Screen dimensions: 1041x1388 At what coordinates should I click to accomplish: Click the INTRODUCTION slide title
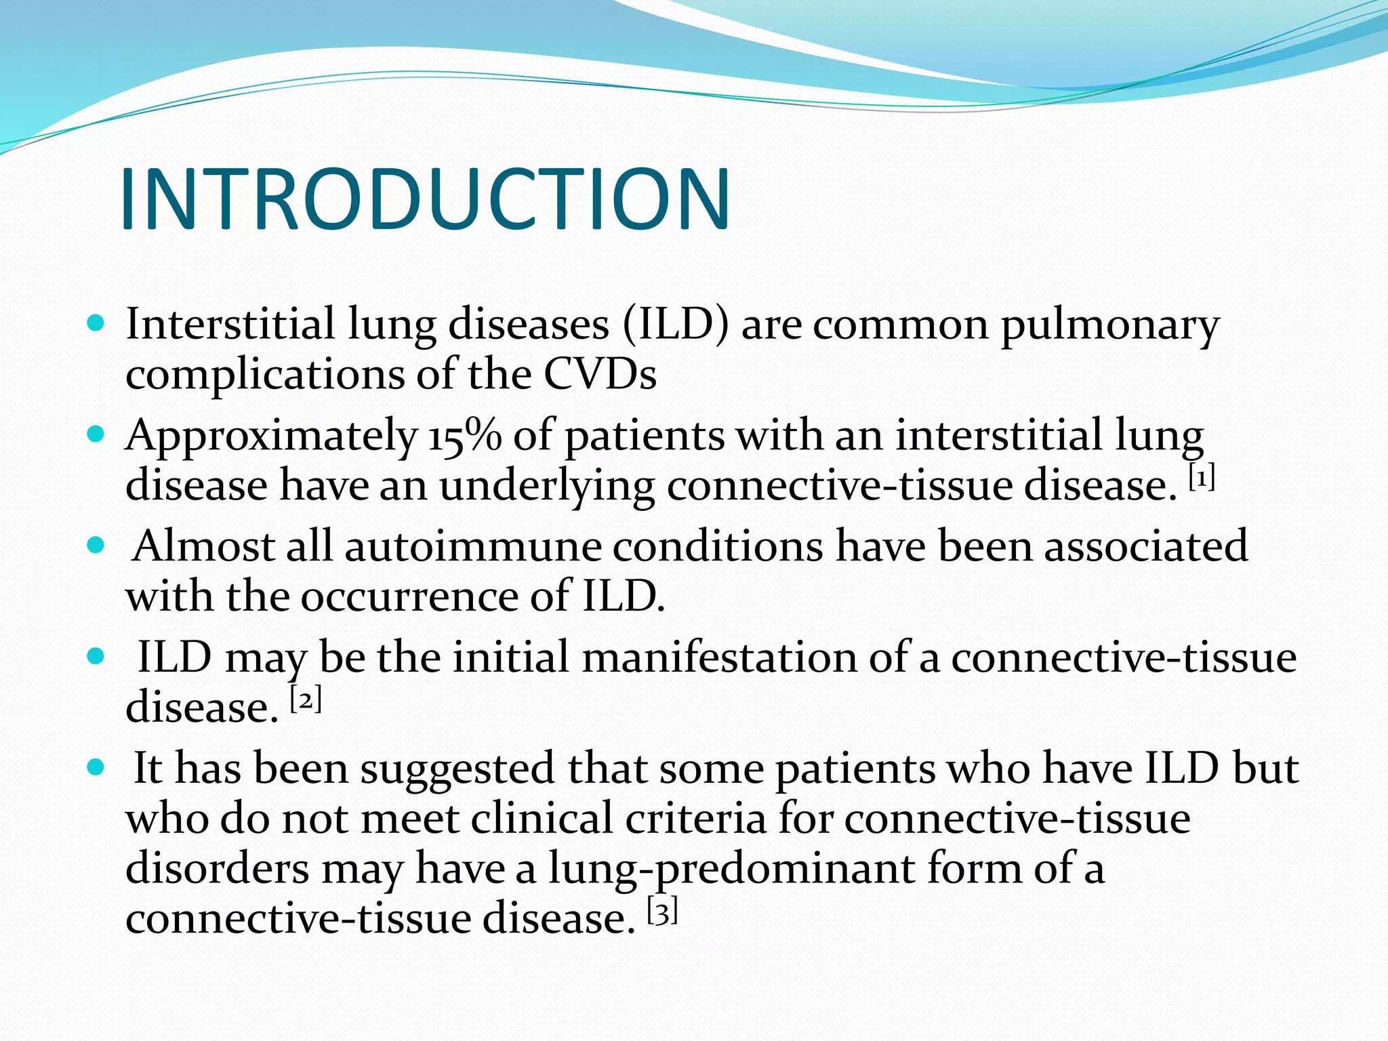pos(425,199)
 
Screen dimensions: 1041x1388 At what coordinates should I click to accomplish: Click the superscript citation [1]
pos(1202,479)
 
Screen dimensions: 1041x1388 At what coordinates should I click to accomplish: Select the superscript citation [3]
pos(662,912)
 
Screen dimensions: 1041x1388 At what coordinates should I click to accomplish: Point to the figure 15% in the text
pos(465,435)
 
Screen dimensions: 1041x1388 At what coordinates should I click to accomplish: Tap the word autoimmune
pos(472,546)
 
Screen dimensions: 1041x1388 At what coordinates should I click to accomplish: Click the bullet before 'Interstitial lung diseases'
pos(96,323)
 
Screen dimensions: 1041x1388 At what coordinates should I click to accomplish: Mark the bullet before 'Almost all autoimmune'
pos(96,544)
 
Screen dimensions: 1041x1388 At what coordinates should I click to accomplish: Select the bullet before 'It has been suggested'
pos(96,767)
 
